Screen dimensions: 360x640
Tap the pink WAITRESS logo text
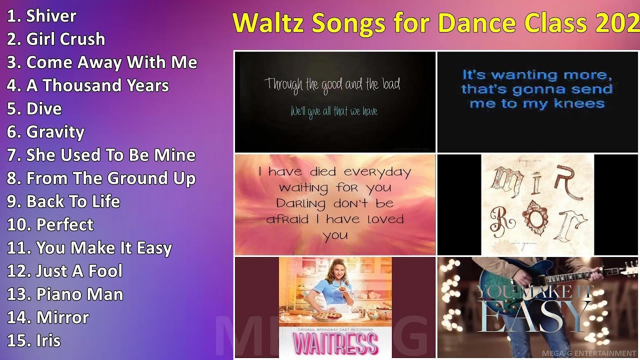(x=335, y=343)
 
